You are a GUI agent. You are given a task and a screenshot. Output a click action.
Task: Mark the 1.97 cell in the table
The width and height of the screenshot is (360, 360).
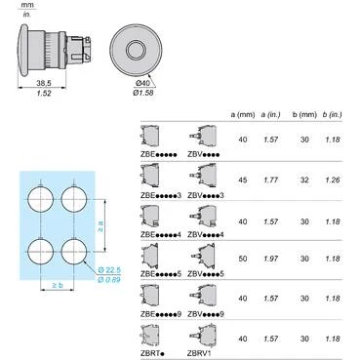[x=271, y=260]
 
